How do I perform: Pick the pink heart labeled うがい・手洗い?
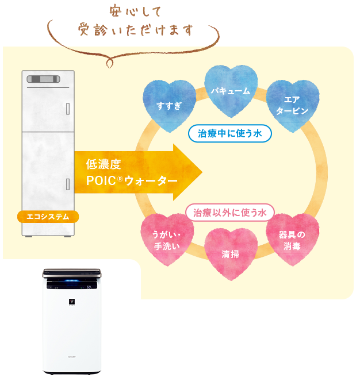coord(167,240)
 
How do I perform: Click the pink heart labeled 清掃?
coord(230,253)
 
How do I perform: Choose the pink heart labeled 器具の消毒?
coord(292,240)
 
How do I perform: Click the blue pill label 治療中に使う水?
coord(229,133)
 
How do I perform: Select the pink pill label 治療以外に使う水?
coord(229,213)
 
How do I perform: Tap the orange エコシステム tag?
coord(48,217)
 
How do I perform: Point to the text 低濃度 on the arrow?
coord(104,164)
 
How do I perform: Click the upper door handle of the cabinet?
coord(68,107)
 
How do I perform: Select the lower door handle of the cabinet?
coord(68,184)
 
